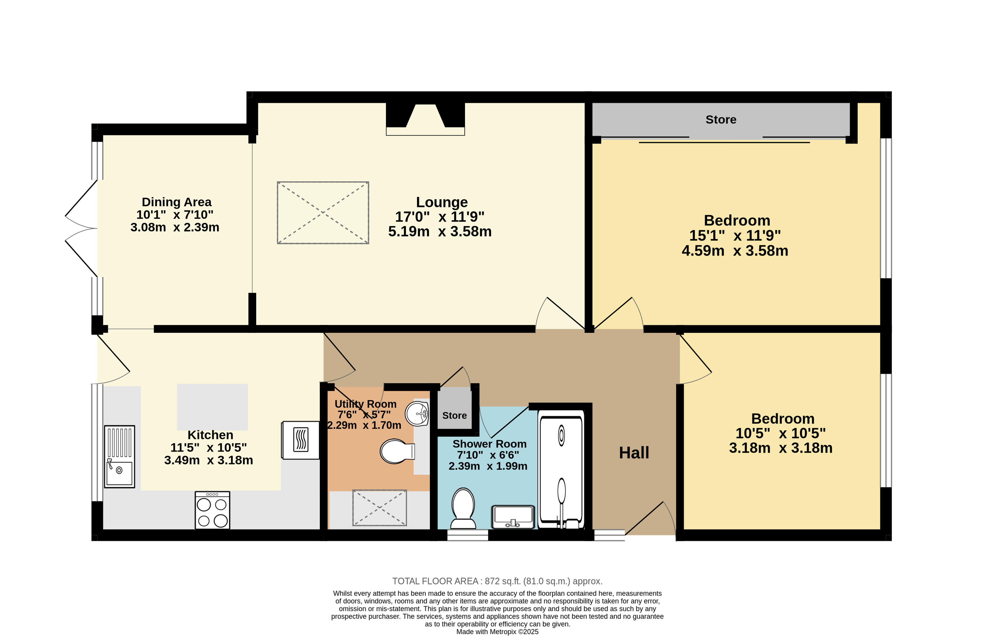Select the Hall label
click(634, 453)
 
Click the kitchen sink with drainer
click(119, 456)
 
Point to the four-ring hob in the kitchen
click(212, 510)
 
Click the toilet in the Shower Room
click(463, 508)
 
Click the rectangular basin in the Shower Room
click(513, 517)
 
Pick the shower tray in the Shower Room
click(561, 469)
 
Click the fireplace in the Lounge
click(425, 119)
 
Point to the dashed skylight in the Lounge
click(323, 213)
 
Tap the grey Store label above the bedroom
click(721, 120)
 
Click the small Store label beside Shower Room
click(454, 416)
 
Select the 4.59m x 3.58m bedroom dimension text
click(735, 250)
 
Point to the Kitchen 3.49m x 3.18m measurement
click(209, 460)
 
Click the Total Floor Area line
click(497, 581)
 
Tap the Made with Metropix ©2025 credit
click(497, 632)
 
